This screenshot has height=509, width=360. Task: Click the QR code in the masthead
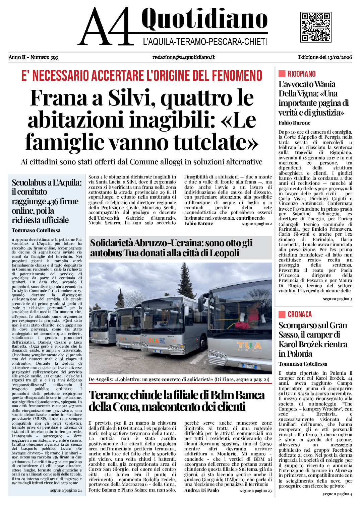(316, 27)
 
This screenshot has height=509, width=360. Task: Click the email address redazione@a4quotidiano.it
(183, 57)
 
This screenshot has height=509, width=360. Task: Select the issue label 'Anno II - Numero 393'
(33, 57)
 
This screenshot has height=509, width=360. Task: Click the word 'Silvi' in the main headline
(131, 98)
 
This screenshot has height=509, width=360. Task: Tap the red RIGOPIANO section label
(301, 74)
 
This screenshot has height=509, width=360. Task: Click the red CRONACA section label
(300, 314)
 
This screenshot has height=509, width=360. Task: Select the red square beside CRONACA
(282, 314)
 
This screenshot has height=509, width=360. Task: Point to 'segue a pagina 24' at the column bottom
(66, 490)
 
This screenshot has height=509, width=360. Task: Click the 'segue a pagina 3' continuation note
(337, 299)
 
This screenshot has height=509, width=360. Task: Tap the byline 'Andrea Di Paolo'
(201, 490)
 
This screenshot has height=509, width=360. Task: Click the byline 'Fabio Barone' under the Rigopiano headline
(294, 123)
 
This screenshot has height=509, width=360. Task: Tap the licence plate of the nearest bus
(249, 367)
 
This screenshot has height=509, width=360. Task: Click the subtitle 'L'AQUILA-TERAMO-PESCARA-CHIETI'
(205, 42)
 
